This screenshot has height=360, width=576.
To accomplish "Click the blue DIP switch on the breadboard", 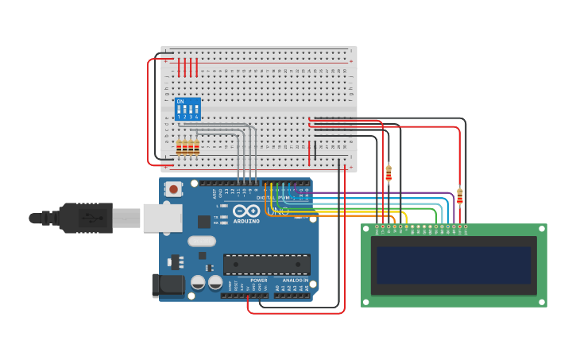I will [x=187, y=109].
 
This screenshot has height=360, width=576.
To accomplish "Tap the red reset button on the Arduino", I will [x=173, y=189].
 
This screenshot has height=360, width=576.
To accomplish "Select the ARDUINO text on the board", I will [x=246, y=222].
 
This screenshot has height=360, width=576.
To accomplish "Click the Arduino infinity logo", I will [x=246, y=211].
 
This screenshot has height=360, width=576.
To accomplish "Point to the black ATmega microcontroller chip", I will [x=266, y=265].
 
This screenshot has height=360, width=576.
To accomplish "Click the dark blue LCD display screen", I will [x=454, y=265].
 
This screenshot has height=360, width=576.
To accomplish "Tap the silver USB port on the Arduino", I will [x=162, y=218].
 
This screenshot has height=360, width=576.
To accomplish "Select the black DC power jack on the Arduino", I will [x=169, y=285].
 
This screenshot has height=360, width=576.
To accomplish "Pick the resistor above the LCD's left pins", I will [x=389, y=172].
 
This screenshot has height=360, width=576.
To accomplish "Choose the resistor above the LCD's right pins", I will [x=460, y=195].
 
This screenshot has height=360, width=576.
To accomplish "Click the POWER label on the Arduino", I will [x=259, y=281].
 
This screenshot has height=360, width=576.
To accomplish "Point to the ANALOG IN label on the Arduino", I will [x=295, y=281].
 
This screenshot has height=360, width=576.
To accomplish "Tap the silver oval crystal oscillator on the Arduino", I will [x=202, y=241].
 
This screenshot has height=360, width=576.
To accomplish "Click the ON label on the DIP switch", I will [x=180, y=101].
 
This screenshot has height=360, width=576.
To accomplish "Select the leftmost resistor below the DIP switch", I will [x=179, y=147].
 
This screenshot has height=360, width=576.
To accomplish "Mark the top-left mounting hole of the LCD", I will [x=367, y=229].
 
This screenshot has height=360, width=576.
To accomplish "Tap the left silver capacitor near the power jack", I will [x=198, y=282].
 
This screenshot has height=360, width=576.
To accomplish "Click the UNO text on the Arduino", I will [x=282, y=211].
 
